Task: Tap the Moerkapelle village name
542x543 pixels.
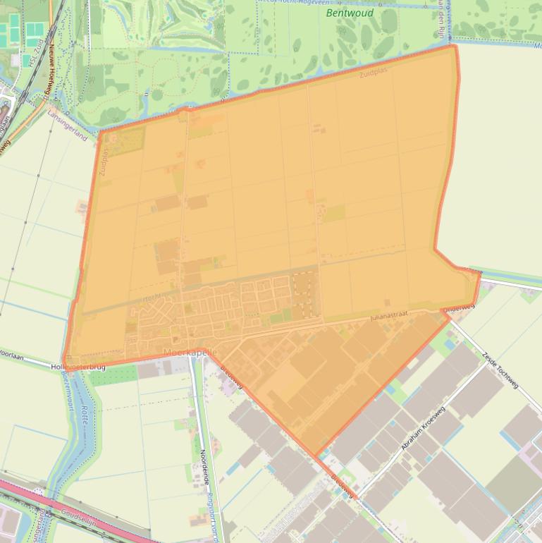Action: tap(190, 351)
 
